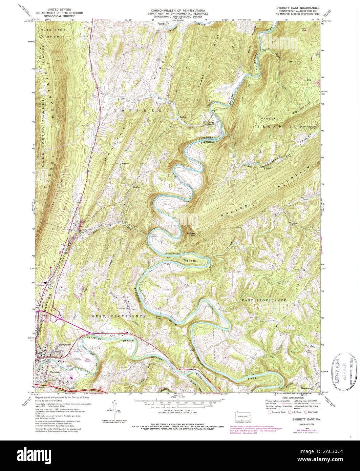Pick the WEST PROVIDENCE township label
(x=118, y=316)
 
